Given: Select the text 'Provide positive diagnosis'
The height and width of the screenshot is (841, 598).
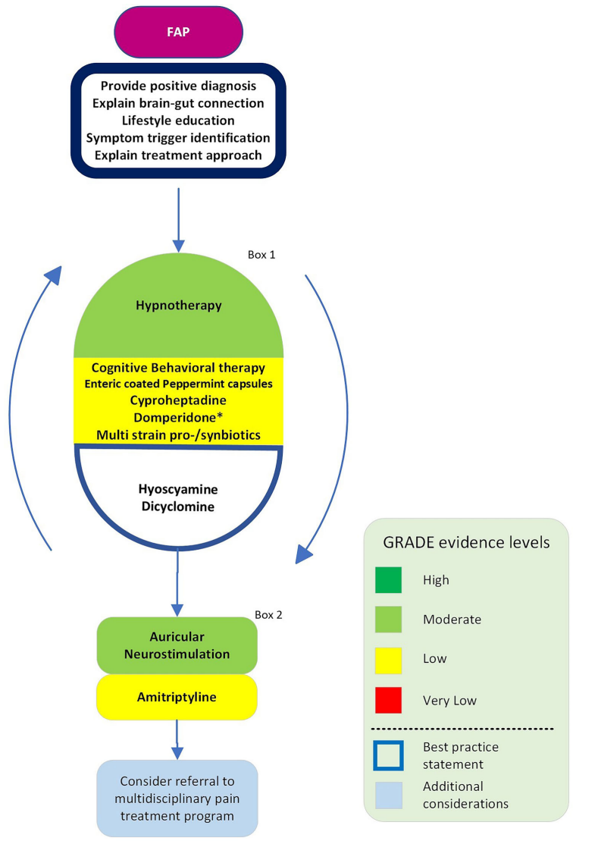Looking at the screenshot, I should coord(178,86).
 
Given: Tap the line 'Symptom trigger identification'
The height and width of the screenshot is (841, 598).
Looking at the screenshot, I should coord(178,138).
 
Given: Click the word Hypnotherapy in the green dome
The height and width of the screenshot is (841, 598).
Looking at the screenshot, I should coord(179,306).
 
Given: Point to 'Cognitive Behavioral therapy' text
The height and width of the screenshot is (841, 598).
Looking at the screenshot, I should coord(178,368).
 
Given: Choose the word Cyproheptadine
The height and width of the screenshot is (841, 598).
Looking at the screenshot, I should coord(178,400).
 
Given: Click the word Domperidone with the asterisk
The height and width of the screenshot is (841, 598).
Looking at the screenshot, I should coord(178,417).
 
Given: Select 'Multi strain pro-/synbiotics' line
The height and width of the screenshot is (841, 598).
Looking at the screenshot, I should coord(178,435).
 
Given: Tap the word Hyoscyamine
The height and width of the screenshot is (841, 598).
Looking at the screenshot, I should coord(179,491).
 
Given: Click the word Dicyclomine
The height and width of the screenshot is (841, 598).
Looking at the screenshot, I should coord(179,507).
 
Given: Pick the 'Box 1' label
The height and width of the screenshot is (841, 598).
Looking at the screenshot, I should coord(261,255).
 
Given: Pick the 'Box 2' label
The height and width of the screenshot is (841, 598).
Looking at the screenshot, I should coord(268,615).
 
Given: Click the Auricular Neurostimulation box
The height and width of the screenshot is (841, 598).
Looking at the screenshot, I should coord(178,645).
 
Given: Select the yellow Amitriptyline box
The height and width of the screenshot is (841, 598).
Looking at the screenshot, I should coord(178,696).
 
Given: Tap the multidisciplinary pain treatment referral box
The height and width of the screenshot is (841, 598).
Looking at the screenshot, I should coord(178,799).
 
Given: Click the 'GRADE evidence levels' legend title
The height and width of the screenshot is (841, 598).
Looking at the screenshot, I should coord(465,543).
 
